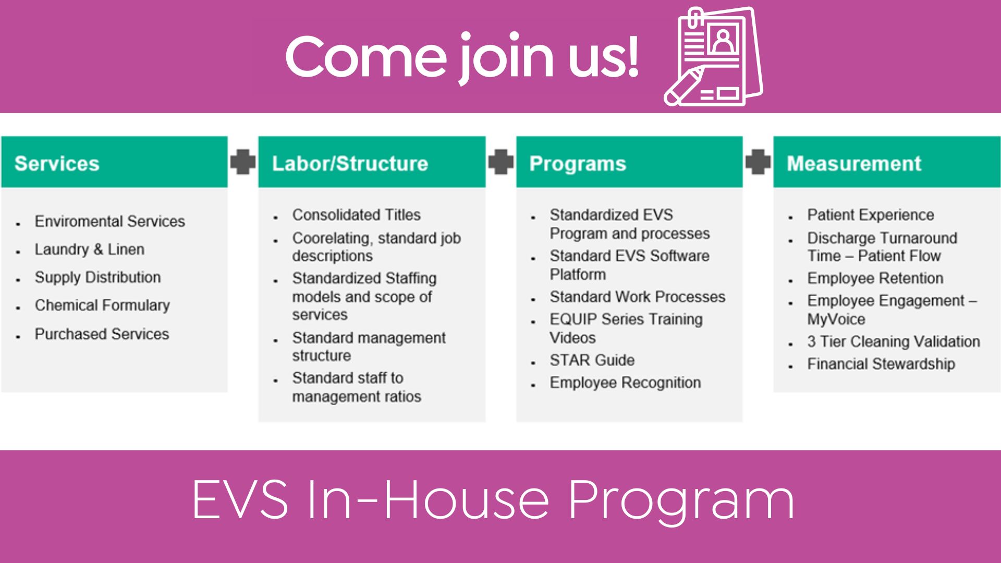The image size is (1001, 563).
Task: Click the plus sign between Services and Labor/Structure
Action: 243,162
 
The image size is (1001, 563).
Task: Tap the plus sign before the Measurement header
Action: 758,162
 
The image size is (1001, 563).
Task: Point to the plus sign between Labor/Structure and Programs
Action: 500,162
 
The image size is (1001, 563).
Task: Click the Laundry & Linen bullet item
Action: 89,249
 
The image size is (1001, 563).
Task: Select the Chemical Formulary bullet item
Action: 102,305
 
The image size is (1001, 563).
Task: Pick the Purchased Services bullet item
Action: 102,334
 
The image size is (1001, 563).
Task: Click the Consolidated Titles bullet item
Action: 356,215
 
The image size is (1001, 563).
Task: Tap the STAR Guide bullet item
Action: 592,360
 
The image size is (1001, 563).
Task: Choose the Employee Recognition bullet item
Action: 625,383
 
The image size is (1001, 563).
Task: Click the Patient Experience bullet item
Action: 871,215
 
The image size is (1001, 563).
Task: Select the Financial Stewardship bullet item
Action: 881,364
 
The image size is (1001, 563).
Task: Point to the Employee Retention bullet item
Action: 875,278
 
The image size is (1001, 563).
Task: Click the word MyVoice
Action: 836,319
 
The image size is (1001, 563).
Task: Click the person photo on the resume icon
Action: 723,41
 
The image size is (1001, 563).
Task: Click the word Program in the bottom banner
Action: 681,500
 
